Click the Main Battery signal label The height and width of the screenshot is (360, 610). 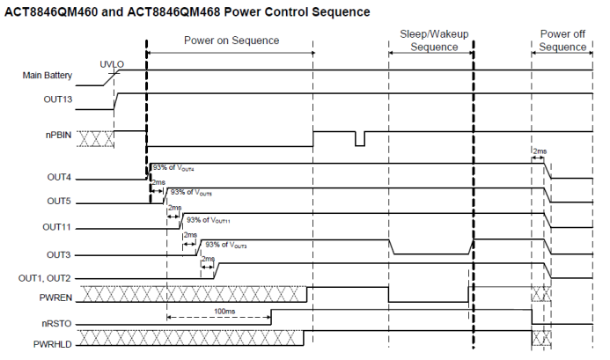[x=47, y=75]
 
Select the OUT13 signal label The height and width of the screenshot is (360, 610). [x=58, y=99]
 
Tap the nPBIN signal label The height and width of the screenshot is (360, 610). [x=58, y=135]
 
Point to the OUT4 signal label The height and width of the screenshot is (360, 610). [x=59, y=177]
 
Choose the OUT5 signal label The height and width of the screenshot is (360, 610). [x=59, y=201]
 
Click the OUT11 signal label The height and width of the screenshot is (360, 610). [x=57, y=227]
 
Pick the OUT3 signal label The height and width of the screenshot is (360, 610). [x=59, y=255]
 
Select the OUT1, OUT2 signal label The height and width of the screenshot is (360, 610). [x=44, y=279]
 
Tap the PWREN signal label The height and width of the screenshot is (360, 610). [x=55, y=298]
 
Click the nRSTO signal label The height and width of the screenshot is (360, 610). [x=57, y=324]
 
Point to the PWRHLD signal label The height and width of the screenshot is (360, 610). [x=53, y=344]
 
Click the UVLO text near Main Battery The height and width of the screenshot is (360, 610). [x=112, y=64]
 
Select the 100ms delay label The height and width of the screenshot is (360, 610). [x=224, y=312]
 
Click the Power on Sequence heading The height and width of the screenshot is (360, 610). [x=232, y=40]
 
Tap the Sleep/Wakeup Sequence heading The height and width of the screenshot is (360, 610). [x=434, y=40]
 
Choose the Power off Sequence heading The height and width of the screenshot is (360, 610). [x=562, y=40]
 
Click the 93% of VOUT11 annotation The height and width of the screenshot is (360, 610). [x=208, y=220]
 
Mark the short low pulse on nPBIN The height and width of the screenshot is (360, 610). [x=360, y=139]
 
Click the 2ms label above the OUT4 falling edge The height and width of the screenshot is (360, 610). [x=540, y=151]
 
